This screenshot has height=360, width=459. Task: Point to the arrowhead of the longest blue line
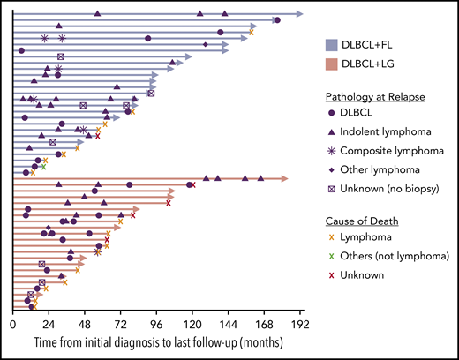coord(300,14)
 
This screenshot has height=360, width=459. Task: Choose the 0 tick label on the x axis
coord(12,325)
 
